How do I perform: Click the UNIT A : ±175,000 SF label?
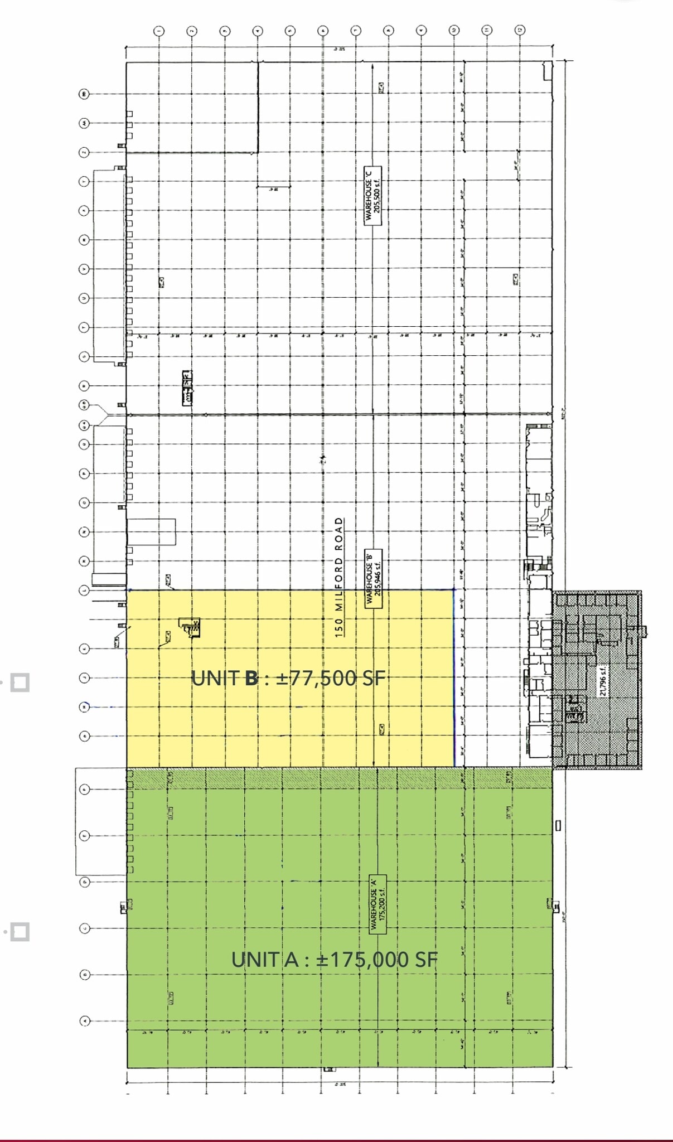pyautogui.click(x=335, y=960)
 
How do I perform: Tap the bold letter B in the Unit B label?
pyautogui.click(x=251, y=678)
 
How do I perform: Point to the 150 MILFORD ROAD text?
pyautogui.click(x=339, y=577)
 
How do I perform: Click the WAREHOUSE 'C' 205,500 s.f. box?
pyautogui.click(x=372, y=195)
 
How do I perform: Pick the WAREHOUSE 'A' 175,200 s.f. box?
pyautogui.click(x=378, y=904)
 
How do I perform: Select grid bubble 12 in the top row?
pyautogui.click(x=520, y=31)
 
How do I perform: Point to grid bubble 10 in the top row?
pyautogui.click(x=454, y=31)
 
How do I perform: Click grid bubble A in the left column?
pyautogui.click(x=85, y=1021)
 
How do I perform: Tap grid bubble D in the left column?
pyautogui.click(x=85, y=882)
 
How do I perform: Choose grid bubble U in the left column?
pyautogui.click(x=85, y=298)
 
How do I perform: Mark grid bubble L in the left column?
pyautogui.click(x=85, y=590)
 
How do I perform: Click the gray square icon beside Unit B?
pyautogui.click(x=20, y=682)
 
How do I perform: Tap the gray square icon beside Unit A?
pyautogui.click(x=20, y=932)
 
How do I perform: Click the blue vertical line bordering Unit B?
pyautogui.click(x=454, y=678)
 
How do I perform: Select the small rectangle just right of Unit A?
pyautogui.click(x=559, y=825)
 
